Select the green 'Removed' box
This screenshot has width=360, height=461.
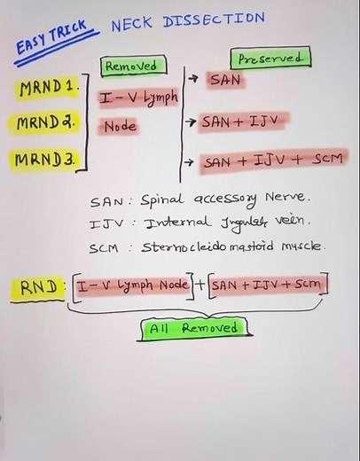pos(131,65)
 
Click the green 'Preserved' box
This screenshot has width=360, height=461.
pos(270,59)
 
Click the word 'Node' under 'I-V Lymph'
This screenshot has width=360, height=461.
pos(120,127)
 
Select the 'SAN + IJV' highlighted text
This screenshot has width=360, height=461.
pos(236,120)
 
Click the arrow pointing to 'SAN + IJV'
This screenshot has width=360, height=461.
pos(190,120)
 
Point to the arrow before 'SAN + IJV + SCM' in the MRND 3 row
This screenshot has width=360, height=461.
pos(190,161)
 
